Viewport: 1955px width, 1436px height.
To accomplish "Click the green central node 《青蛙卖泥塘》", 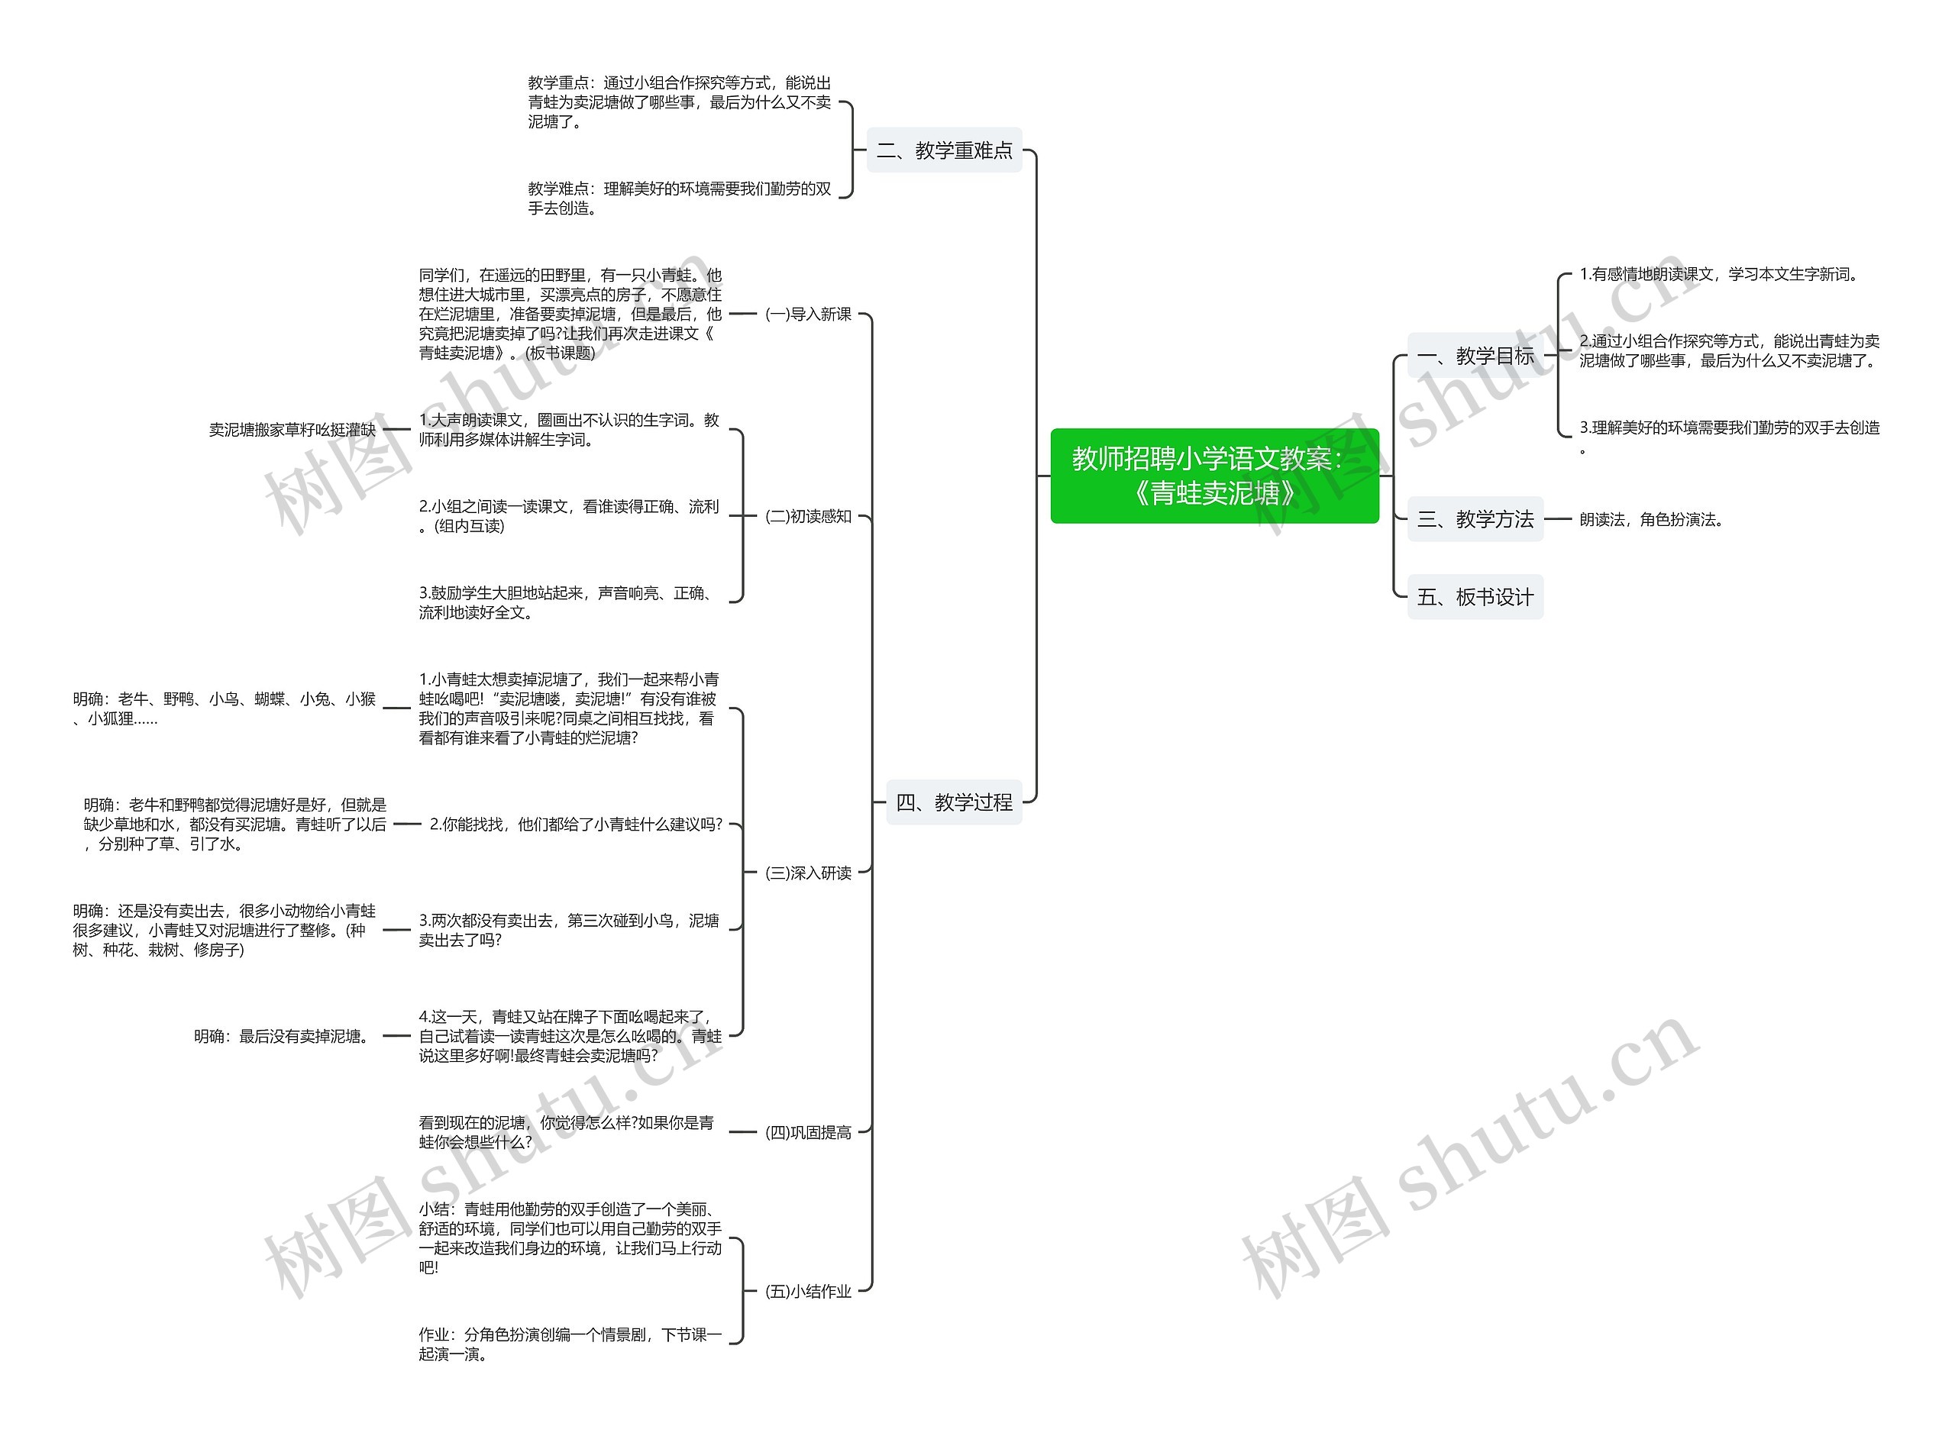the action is pyautogui.click(x=1213, y=476).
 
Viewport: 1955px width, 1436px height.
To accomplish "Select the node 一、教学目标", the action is pyautogui.click(x=1475, y=356).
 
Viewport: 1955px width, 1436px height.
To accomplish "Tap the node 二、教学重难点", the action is pyautogui.click(x=944, y=150).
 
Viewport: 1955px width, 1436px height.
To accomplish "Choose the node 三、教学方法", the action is pyautogui.click(x=1475, y=519).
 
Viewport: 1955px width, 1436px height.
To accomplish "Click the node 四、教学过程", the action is pyautogui.click(x=954, y=802).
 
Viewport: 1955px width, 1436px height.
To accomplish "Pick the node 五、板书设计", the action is pyautogui.click(x=1475, y=597).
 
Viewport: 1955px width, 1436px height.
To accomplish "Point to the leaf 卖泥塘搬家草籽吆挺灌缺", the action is pyautogui.click(x=292, y=429).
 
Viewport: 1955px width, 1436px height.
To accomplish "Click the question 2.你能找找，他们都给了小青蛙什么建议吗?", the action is pyautogui.click(x=576, y=824).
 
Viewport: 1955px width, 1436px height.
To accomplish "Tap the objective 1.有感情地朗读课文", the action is pyautogui.click(x=1718, y=275).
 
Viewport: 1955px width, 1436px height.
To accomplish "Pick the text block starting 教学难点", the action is pyautogui.click(x=679, y=198).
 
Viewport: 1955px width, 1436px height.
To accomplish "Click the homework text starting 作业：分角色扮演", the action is pyautogui.click(x=570, y=1344).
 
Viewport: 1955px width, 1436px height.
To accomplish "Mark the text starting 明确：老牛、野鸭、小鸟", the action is pyautogui.click(x=225, y=708).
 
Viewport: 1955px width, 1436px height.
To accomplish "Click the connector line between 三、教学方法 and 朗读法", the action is pyautogui.click(x=1558, y=519).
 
